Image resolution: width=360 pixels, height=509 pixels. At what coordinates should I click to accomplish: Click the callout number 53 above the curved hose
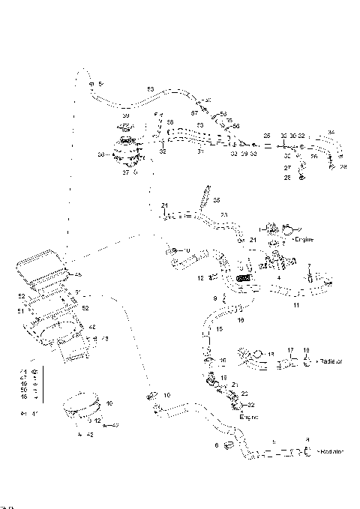(150, 89)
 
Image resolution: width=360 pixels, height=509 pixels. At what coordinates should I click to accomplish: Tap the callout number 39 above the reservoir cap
(126, 116)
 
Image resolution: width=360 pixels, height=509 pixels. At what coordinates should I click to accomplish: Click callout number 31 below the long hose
(199, 151)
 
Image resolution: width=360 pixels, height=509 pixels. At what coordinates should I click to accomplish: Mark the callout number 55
(217, 200)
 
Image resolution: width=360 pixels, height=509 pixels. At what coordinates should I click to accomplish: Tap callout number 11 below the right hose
(295, 307)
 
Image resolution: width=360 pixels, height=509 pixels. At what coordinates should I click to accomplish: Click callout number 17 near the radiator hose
(289, 350)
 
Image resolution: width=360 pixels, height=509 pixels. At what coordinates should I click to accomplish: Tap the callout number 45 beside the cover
(77, 274)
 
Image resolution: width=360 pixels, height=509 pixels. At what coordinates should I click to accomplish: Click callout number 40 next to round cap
(109, 403)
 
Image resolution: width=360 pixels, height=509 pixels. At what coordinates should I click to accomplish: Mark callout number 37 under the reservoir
(127, 173)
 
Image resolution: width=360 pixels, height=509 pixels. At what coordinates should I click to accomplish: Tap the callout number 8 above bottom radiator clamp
(306, 440)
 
